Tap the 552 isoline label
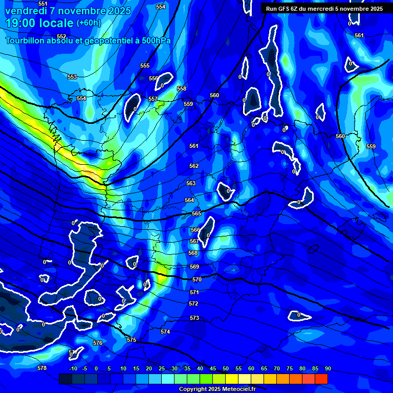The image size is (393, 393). pyautogui.click(x=61, y=36)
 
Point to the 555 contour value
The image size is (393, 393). pyautogui.click(x=145, y=65)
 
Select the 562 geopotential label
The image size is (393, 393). pyautogui.click(x=194, y=166)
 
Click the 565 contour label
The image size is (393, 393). pyautogui.click(x=196, y=213)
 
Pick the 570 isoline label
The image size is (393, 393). pyautogui.click(x=197, y=279)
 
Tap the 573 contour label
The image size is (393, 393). pyautogui.click(x=194, y=318)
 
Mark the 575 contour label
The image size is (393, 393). pyautogui.click(x=132, y=340)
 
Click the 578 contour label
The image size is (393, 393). pyautogui.click(x=42, y=368)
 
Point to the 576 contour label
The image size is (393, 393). pyautogui.click(x=98, y=343)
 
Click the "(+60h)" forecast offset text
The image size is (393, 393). pyautogui.click(x=89, y=23)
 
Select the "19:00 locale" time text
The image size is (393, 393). pyautogui.click(x=39, y=23)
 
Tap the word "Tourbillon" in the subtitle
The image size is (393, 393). pyautogui.click(x=26, y=40)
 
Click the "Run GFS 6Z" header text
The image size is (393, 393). pyautogui.click(x=287, y=8)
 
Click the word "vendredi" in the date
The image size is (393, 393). pyautogui.click(x=25, y=10)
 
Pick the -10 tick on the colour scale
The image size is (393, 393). pyautogui.click(x=73, y=368)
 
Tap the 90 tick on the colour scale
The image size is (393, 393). pyautogui.click(x=327, y=368)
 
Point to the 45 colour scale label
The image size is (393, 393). pyautogui.click(x=213, y=368)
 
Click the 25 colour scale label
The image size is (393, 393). pyautogui.click(x=162, y=368)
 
